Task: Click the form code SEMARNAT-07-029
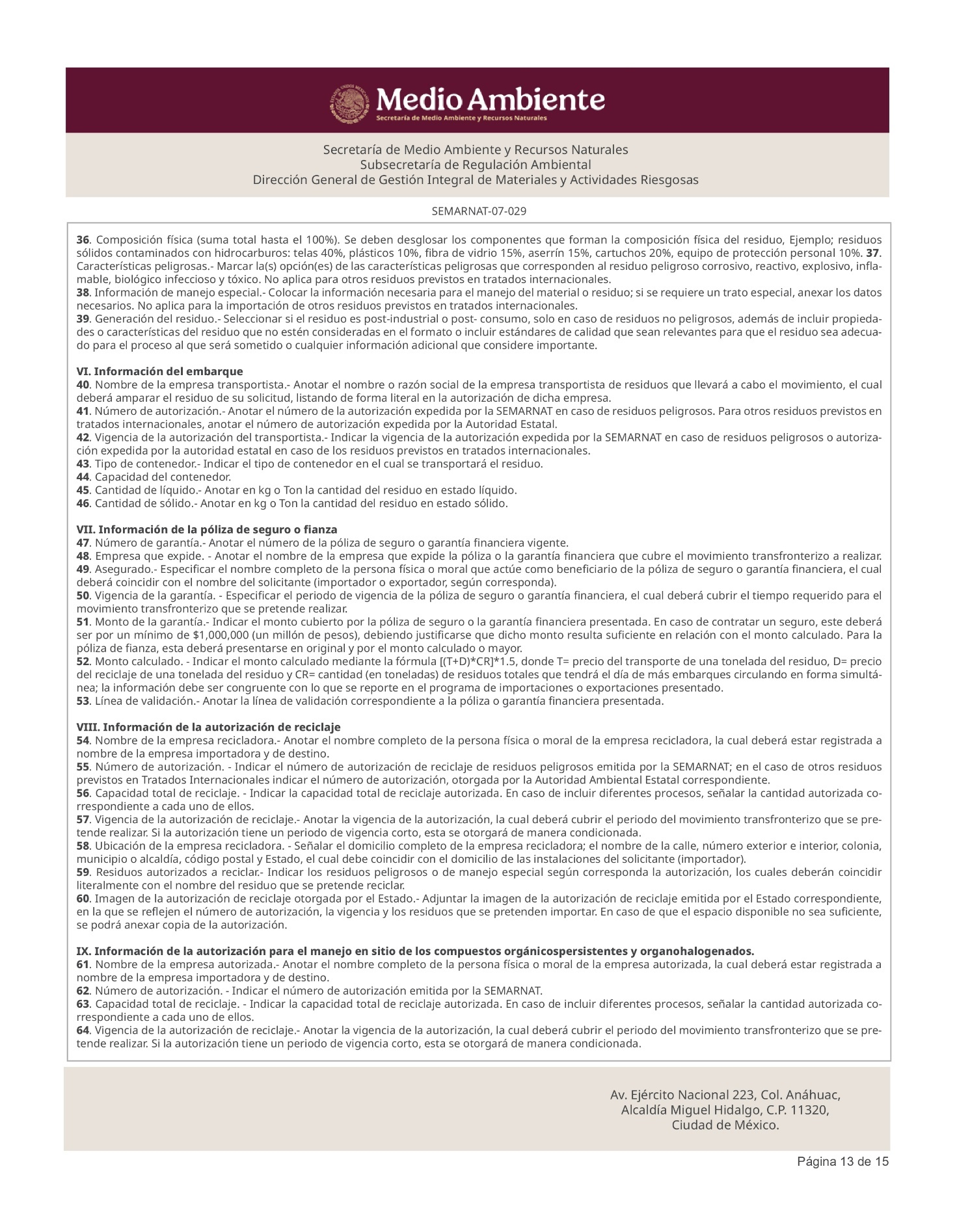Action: click(x=478, y=211)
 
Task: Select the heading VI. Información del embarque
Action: click(x=159, y=371)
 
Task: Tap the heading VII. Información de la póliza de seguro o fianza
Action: click(x=207, y=529)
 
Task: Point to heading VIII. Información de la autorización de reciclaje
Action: click(x=208, y=727)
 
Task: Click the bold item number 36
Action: click(x=83, y=239)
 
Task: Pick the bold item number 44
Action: click(x=83, y=477)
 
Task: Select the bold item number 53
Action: click(x=83, y=701)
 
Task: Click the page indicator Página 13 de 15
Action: click(x=842, y=1161)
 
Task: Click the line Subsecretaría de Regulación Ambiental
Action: click(x=476, y=164)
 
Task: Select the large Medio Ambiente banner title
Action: click(x=491, y=99)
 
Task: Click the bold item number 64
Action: click(x=83, y=1030)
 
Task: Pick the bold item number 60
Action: click(x=83, y=899)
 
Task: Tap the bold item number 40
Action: click(x=83, y=385)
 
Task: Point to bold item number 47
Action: click(x=83, y=543)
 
